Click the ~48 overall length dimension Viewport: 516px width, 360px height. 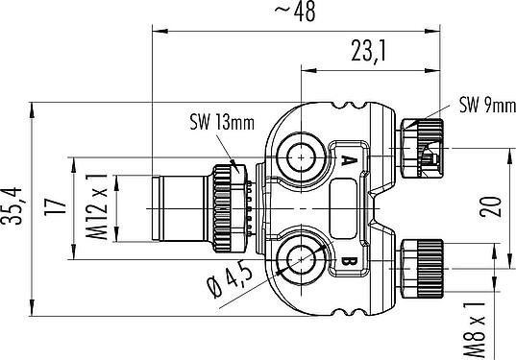295,12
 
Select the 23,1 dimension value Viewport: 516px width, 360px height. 368,51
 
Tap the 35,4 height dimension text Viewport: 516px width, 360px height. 12,206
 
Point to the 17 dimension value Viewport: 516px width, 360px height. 55,206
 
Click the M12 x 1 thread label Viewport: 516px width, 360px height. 97,206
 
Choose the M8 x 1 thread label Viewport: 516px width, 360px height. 475,329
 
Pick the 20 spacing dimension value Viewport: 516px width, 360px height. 490,206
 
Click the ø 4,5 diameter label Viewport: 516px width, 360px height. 231,281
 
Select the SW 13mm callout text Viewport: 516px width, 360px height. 222,123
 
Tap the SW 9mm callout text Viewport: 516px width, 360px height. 487,106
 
